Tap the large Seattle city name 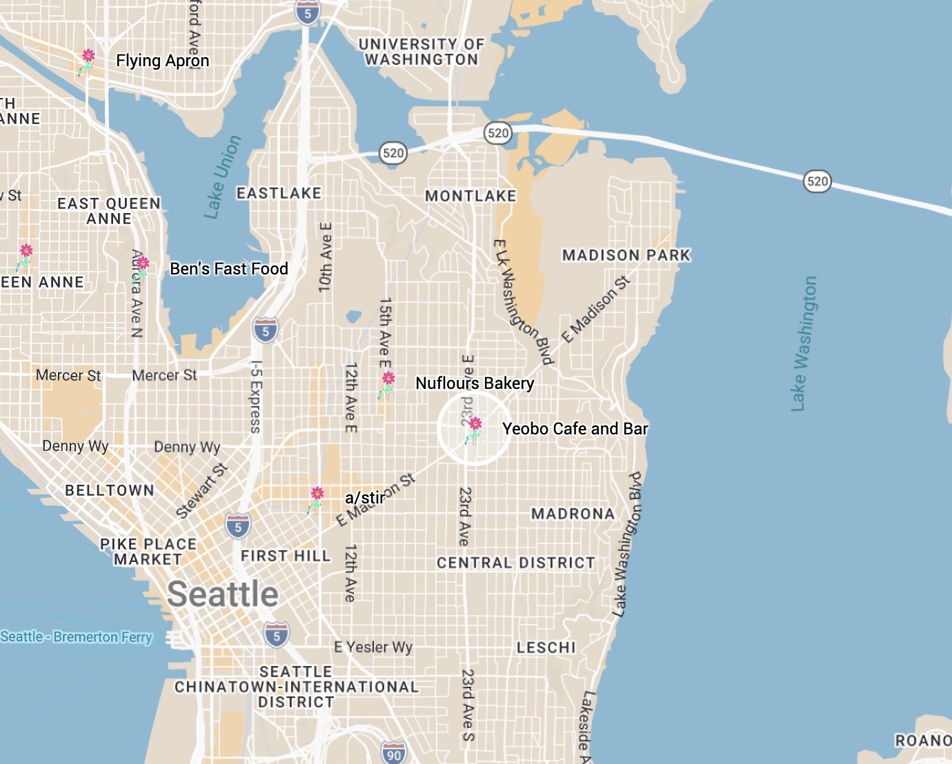223,594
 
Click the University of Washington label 422,52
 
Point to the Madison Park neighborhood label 626,255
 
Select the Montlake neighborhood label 470,196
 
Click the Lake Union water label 223,177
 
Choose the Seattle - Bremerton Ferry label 76,636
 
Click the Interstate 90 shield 393,753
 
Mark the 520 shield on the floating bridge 817,181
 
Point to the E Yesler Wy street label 373,647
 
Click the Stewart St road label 201,491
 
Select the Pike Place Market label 148,552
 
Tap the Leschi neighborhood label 546,647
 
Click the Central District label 515,563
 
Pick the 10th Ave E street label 325,257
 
